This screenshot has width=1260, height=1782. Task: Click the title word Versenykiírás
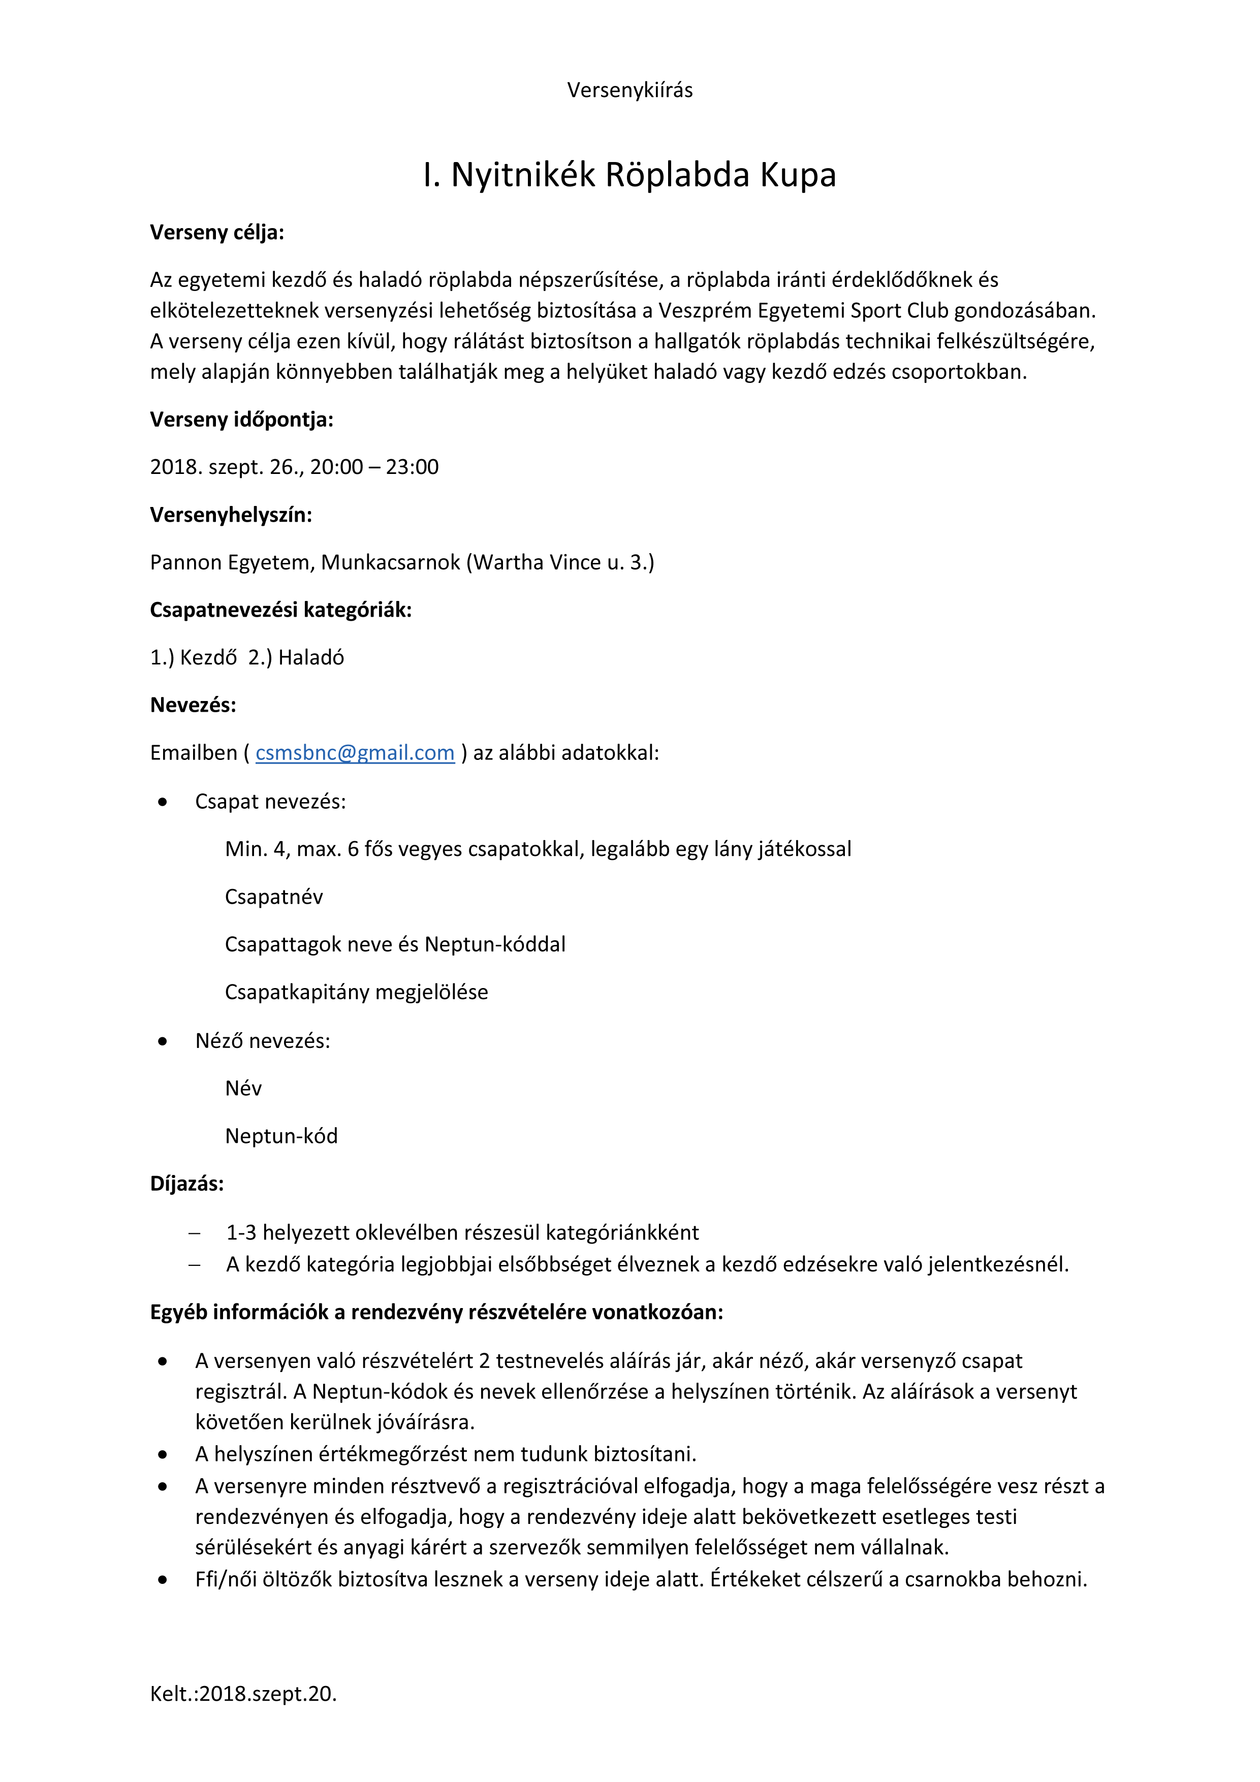[629, 90]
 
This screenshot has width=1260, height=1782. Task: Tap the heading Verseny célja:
[216, 233]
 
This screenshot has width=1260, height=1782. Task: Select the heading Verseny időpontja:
[241, 420]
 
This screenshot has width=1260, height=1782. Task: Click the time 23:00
[412, 467]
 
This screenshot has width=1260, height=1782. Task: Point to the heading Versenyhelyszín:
[231, 516]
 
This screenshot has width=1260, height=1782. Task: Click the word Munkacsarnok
[391, 563]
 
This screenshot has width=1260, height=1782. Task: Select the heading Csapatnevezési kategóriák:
[280, 610]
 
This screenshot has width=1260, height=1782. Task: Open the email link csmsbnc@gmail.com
[355, 753]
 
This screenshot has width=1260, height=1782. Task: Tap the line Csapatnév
[273, 897]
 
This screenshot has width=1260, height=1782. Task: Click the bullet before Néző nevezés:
[162, 1041]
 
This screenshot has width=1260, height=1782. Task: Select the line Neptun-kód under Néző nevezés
[281, 1136]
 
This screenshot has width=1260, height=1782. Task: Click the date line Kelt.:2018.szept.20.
[243, 1694]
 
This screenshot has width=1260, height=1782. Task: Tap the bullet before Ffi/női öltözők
[162, 1580]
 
